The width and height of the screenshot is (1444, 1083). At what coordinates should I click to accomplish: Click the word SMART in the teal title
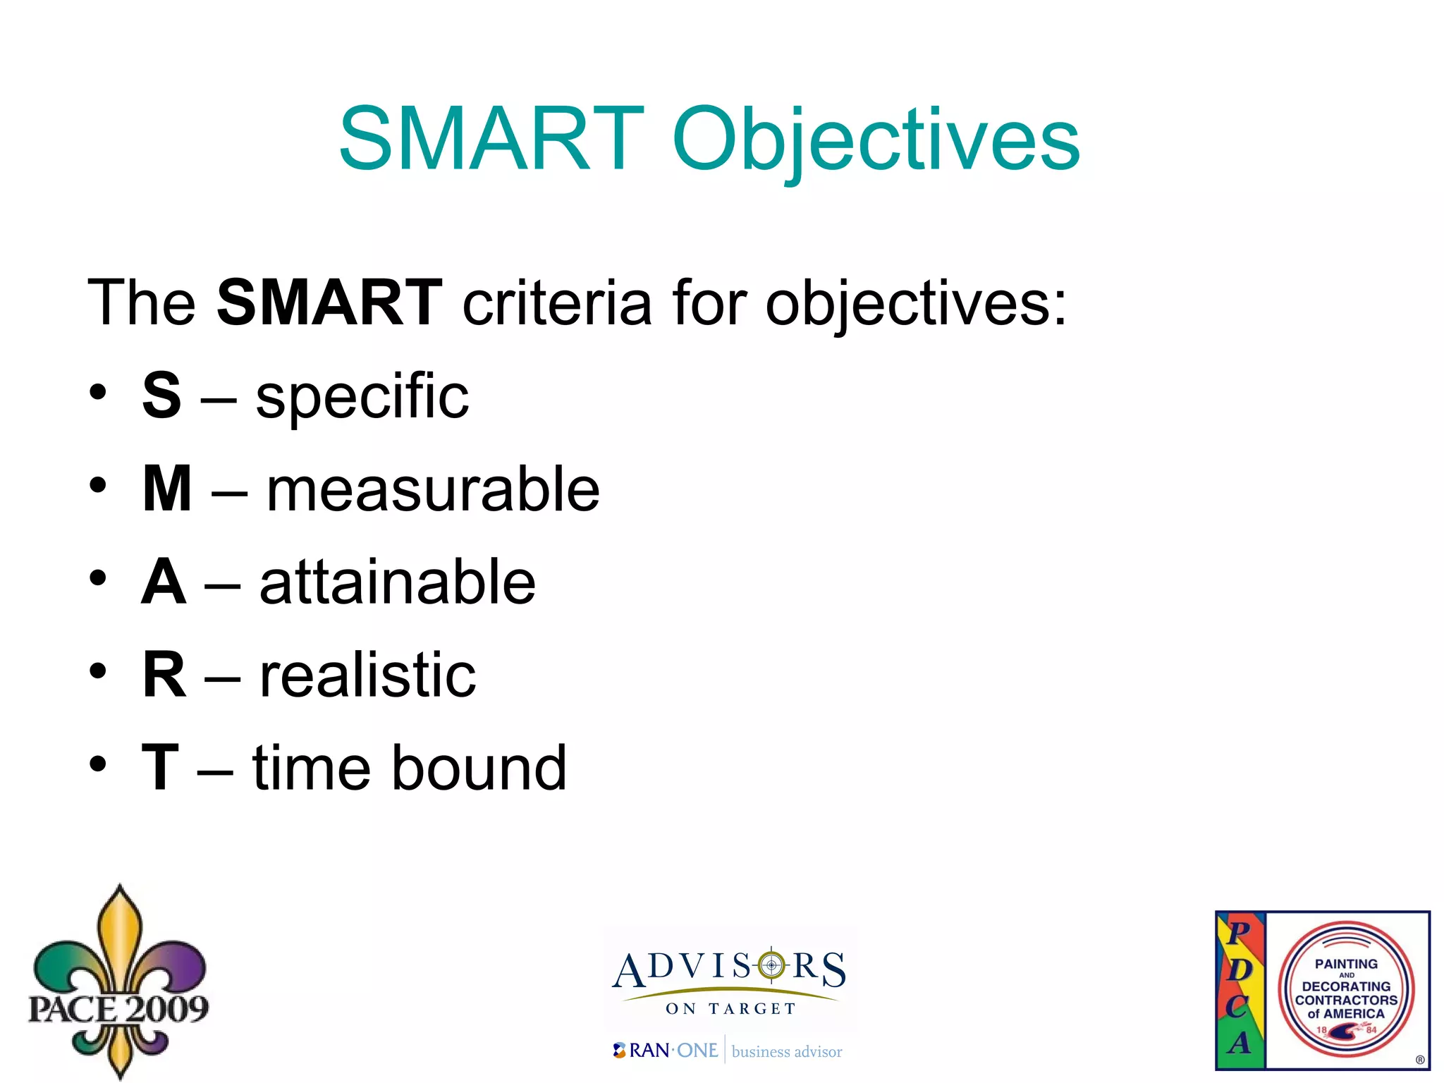[x=491, y=139]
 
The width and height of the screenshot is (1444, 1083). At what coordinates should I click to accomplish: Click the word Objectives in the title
[x=876, y=141]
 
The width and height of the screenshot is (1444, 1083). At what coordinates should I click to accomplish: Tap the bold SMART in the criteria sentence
[x=329, y=303]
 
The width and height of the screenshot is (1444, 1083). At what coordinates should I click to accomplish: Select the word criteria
[x=557, y=303]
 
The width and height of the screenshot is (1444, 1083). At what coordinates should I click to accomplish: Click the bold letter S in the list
[x=161, y=396]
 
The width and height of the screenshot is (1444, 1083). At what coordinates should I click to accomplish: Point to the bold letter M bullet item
[x=167, y=489]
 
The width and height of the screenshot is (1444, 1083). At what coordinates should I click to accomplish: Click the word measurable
[x=433, y=489]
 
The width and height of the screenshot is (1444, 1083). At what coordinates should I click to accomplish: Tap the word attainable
[x=398, y=582]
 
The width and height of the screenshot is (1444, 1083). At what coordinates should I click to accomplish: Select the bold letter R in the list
[x=164, y=675]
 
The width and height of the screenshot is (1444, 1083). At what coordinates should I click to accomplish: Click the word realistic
[x=367, y=675]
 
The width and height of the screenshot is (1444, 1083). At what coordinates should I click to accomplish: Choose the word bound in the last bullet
[x=479, y=768]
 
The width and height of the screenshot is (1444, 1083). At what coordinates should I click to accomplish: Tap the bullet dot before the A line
[x=98, y=578]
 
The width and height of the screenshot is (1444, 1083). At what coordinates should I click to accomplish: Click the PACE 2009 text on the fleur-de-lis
[x=118, y=1009]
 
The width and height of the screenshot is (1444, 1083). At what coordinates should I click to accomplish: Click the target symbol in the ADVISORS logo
[x=771, y=965]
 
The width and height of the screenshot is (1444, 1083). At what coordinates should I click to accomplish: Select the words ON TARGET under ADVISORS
[x=730, y=1009]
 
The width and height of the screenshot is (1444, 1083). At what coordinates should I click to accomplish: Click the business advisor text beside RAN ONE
[x=787, y=1052]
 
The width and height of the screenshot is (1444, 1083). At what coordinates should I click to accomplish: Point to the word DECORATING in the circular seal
[x=1346, y=986]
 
